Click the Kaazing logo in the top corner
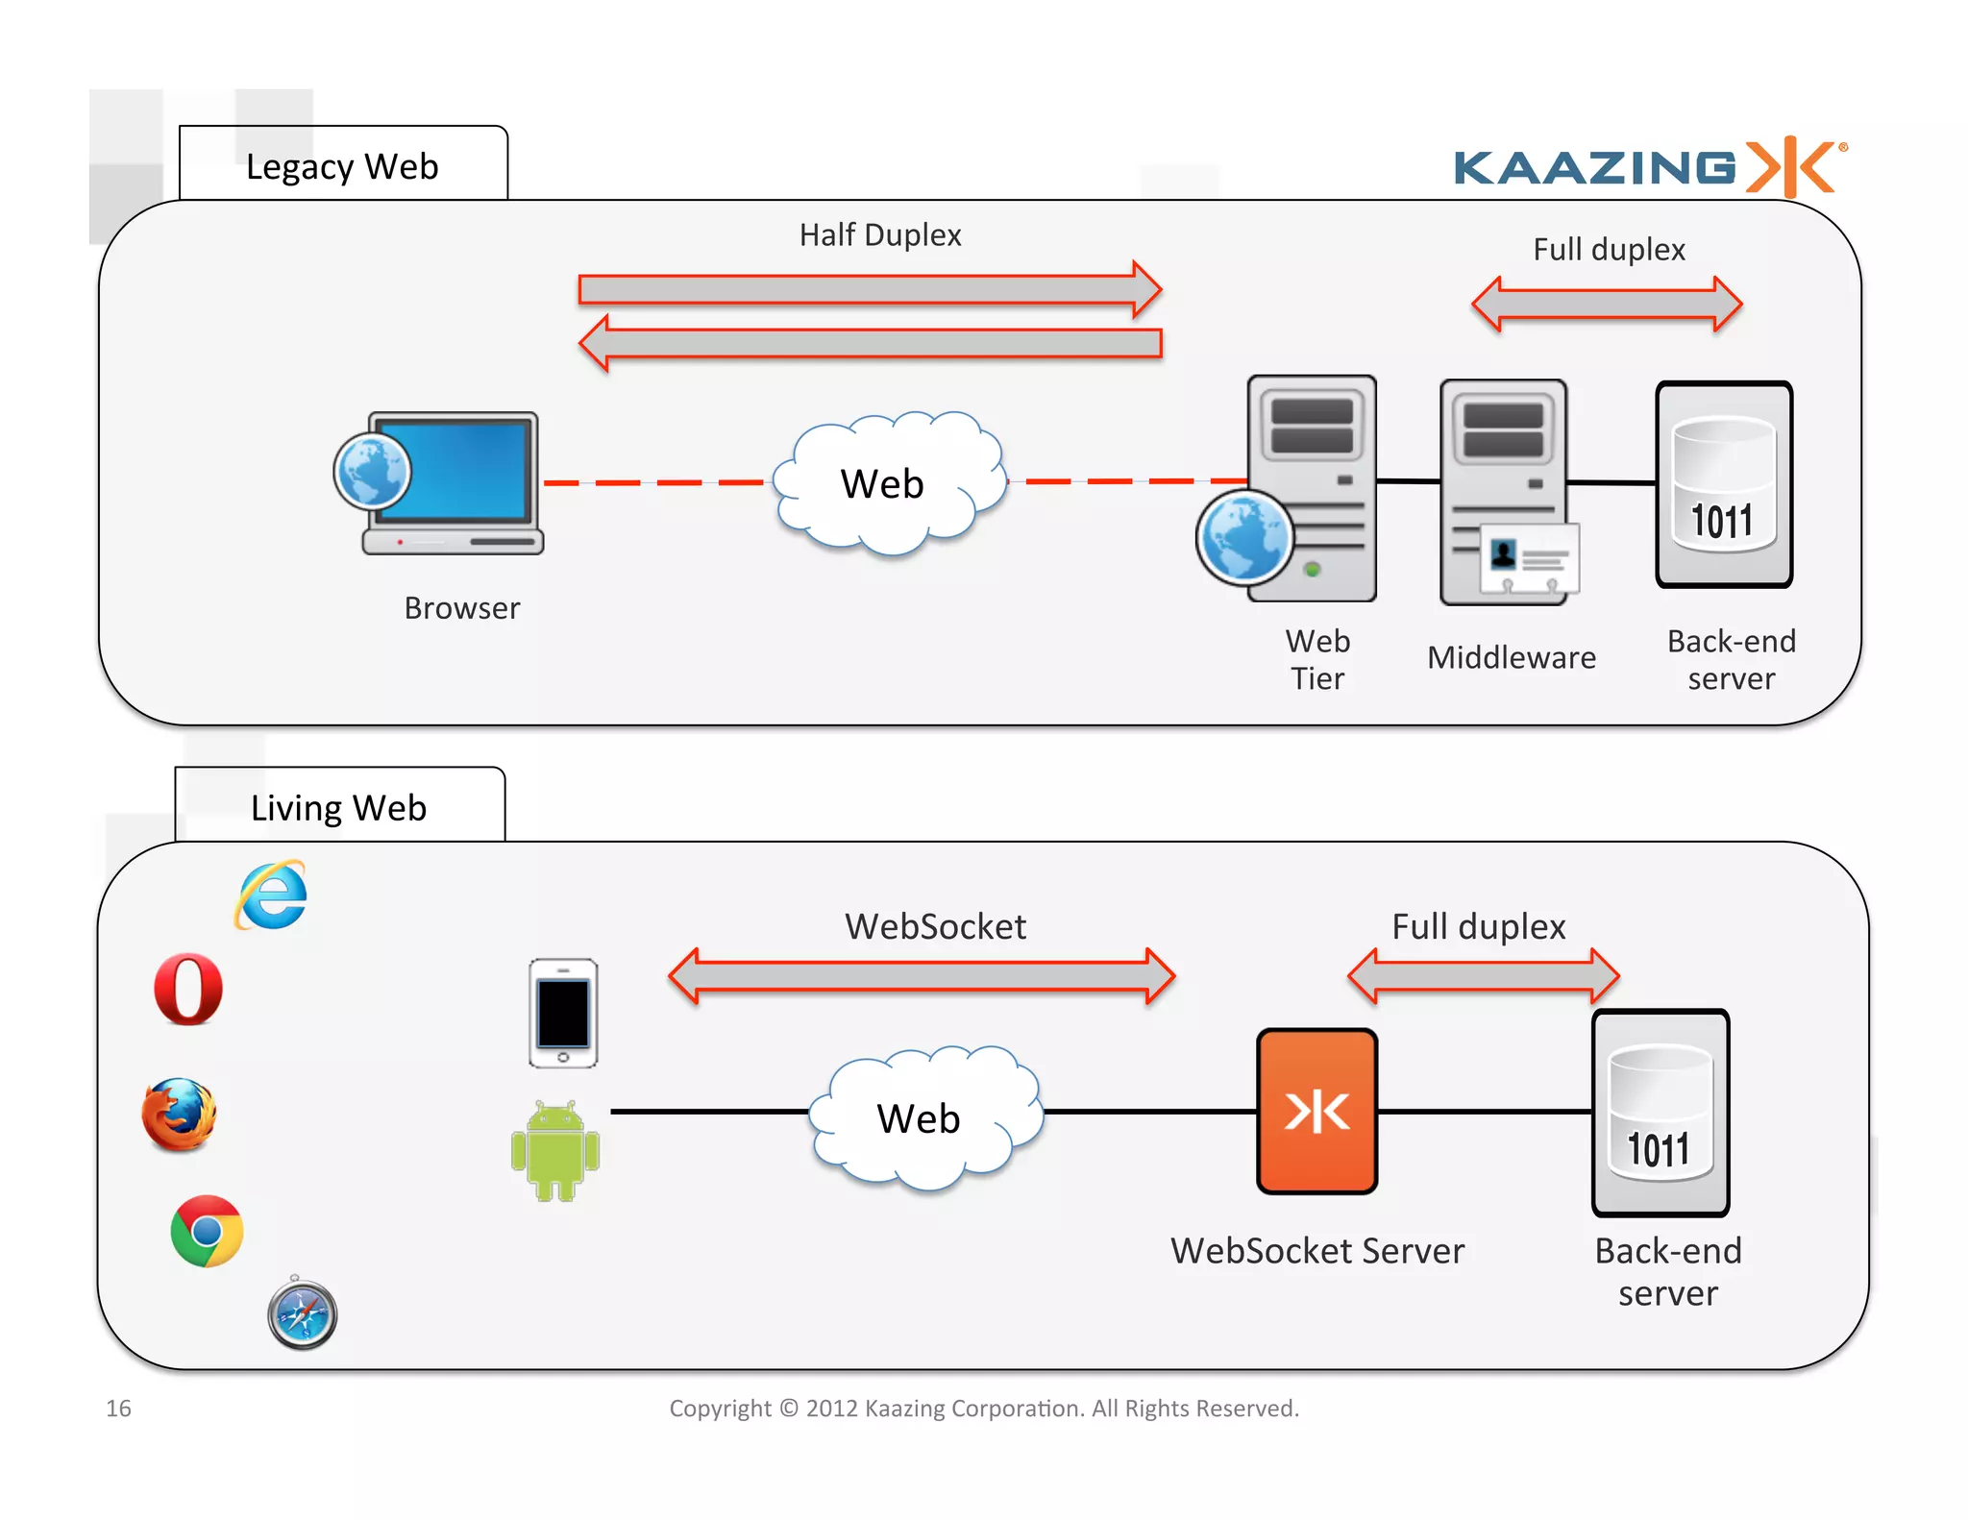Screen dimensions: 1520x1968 1649,167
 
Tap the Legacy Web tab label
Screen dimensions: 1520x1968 342,166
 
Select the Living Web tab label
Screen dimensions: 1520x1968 338,808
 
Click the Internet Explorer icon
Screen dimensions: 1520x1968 272,895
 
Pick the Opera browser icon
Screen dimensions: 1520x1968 188,989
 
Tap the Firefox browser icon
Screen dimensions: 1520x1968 179,1115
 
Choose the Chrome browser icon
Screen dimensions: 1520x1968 207,1231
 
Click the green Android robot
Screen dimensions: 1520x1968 555,1151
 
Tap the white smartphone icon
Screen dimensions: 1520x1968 563,1013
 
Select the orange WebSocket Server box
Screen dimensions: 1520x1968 1316,1112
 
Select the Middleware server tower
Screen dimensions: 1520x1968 1505,491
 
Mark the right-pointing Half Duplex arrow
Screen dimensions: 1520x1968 870,289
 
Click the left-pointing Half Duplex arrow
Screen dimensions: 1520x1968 870,343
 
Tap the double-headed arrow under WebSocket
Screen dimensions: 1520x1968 921,976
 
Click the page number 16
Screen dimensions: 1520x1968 118,1408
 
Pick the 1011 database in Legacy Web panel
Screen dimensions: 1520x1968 1724,485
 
